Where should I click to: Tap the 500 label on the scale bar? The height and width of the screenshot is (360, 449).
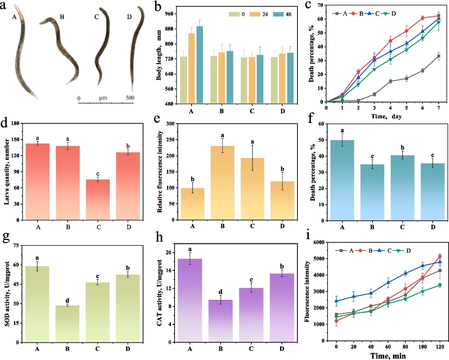tap(130, 98)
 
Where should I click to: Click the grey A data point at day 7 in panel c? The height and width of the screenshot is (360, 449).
tap(439, 56)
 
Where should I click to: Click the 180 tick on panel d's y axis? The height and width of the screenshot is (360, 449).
tap(15, 123)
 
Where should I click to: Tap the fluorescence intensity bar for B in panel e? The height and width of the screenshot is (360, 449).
tap(222, 182)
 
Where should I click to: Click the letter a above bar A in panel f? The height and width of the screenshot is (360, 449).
tap(342, 131)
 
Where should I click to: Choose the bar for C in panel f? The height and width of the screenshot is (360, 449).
tap(402, 188)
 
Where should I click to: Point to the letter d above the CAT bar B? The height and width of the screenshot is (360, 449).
tap(220, 292)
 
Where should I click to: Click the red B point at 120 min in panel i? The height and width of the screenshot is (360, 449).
tap(440, 256)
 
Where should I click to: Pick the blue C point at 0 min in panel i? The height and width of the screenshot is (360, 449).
tap(336, 301)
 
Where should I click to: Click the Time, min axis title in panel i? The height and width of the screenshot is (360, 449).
tap(388, 356)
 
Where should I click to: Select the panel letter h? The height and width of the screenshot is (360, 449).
tap(159, 237)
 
